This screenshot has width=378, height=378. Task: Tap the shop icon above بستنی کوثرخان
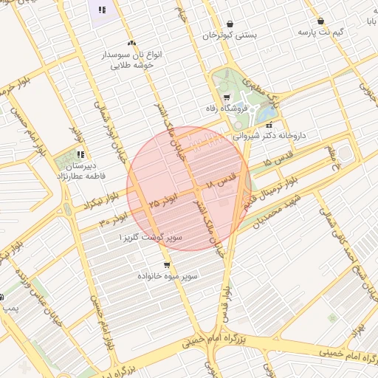[232, 23]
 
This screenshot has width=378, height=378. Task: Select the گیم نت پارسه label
[320, 32]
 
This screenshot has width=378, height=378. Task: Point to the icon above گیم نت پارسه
[320, 21]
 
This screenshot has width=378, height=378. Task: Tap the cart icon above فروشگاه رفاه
[227, 97]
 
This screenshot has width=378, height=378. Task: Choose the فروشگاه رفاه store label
[227, 109]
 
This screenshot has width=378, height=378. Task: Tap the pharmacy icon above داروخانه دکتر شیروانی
[269, 124]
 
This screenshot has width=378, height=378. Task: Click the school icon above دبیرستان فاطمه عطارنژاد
[80, 154]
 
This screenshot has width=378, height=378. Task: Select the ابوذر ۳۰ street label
[114, 219]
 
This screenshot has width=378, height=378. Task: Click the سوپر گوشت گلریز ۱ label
[151, 237]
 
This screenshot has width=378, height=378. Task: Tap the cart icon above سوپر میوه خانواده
[168, 264]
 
